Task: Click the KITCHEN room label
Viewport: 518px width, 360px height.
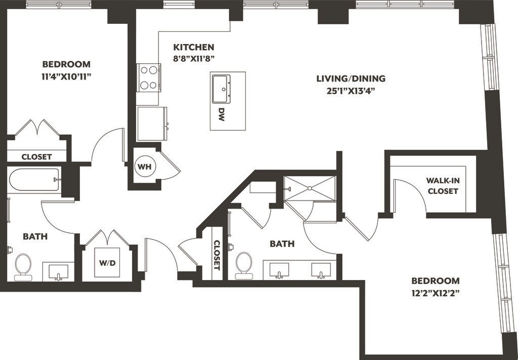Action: [x=194, y=47]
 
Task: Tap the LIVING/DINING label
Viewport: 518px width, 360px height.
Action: [x=351, y=78]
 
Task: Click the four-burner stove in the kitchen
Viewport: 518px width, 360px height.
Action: [x=148, y=77]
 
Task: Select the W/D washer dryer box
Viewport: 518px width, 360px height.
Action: [x=107, y=263]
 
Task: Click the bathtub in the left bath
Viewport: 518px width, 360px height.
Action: [x=33, y=179]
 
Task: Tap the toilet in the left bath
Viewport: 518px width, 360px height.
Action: [x=23, y=267]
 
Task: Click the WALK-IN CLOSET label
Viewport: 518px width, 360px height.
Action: [x=443, y=185]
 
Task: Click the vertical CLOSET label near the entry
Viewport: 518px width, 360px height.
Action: [x=218, y=255]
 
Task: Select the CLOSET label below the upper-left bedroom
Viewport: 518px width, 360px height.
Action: [x=36, y=156]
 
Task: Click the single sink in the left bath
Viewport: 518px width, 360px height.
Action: [x=58, y=272]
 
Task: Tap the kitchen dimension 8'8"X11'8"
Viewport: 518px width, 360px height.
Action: [x=194, y=58]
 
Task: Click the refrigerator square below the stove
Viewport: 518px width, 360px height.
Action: [x=152, y=123]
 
